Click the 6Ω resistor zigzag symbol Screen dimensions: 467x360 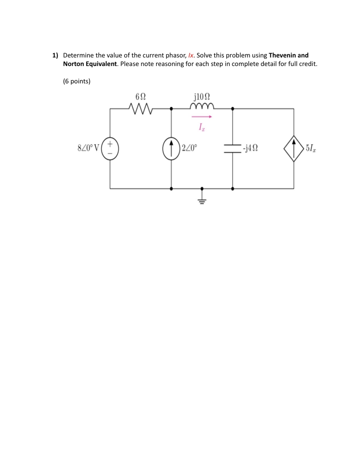point(140,109)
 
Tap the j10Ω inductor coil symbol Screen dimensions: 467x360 point(202,106)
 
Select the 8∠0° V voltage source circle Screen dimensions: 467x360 point(110,148)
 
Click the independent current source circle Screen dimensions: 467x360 point(171,148)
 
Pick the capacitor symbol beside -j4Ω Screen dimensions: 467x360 point(233,148)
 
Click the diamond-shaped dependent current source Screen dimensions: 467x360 point(294,148)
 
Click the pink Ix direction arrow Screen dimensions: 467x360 point(202,117)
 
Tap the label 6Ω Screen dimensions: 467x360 point(140,97)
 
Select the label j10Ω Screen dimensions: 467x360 point(202,96)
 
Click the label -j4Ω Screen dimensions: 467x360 point(250,148)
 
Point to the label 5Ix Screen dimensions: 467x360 point(311,148)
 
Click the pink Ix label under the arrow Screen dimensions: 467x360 point(202,127)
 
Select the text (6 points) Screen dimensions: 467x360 point(77,81)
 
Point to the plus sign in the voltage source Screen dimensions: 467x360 point(110,144)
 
